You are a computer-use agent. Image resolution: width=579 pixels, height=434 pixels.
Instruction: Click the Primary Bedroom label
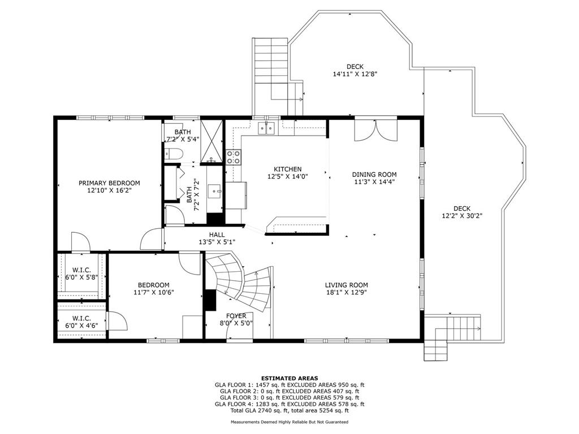tap(109, 183)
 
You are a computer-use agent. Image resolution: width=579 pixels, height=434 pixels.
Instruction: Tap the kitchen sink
tap(267, 128)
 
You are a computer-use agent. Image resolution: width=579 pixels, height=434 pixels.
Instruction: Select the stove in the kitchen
tap(234, 157)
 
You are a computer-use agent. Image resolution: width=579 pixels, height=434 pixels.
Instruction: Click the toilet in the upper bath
tap(174, 154)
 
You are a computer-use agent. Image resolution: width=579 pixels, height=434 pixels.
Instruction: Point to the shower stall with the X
tap(212, 142)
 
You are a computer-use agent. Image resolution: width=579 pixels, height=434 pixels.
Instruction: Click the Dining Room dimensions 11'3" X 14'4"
tap(374, 181)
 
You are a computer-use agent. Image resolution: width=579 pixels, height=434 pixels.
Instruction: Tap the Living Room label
tap(347, 285)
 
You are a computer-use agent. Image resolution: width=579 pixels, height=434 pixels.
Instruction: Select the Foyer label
tap(236, 316)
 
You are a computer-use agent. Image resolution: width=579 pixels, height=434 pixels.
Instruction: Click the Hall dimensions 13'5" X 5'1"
tap(217, 242)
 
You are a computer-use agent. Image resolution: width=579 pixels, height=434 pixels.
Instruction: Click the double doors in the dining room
tap(375, 129)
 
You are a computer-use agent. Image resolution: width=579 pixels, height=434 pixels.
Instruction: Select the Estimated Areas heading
tap(289, 378)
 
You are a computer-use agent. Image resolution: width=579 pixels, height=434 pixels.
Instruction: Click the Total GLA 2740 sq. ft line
tap(289, 410)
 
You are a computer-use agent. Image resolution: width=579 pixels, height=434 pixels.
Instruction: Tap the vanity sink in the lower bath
tap(214, 191)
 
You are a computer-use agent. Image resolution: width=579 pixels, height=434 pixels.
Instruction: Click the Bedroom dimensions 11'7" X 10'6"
tap(154, 292)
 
